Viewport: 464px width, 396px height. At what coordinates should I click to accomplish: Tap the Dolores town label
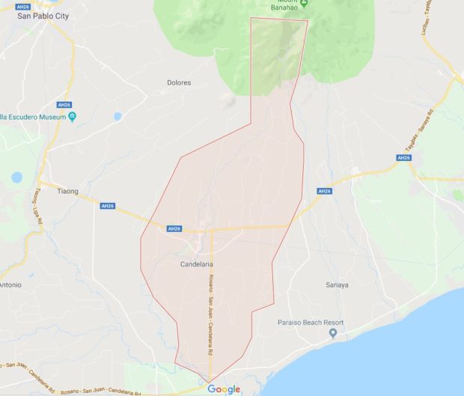point(180,82)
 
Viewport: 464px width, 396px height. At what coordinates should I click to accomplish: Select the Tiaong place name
point(67,191)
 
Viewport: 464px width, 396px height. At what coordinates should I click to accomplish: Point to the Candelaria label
point(198,265)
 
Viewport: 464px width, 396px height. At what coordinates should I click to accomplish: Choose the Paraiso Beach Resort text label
point(308,322)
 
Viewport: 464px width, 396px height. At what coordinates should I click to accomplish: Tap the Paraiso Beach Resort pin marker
point(334,333)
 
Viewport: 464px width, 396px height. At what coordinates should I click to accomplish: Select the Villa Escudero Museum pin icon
point(72,116)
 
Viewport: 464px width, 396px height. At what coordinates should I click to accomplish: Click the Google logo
point(224,389)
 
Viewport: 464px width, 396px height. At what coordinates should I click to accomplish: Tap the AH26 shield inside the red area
point(174,228)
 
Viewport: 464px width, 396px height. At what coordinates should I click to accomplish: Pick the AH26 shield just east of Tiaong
point(108,206)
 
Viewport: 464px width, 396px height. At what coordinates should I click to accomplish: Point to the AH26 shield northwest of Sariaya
point(324,191)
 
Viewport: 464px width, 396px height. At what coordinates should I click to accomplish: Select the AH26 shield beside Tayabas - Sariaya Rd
point(403,158)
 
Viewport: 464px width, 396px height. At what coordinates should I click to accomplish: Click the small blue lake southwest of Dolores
point(117,117)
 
